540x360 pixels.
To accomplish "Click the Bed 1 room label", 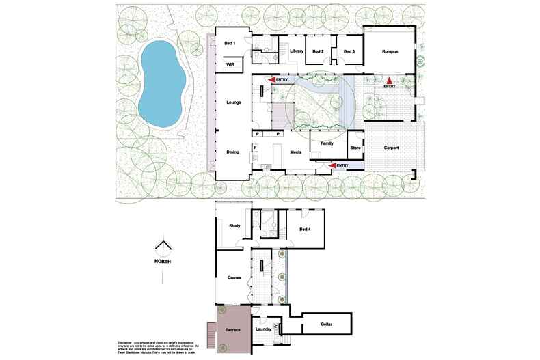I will [230, 44].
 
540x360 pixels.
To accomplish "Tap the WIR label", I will [230, 64].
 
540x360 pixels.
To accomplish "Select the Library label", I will [296, 51].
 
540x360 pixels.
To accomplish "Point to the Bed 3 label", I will [349, 51].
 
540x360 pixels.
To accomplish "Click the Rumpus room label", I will [391, 51].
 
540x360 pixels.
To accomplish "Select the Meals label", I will [296, 152].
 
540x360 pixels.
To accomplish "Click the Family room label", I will [327, 143].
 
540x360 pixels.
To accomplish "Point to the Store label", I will [355, 148].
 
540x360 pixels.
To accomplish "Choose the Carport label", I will [391, 148].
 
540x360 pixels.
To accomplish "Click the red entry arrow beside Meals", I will [335, 165].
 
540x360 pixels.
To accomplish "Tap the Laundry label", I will [263, 329].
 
